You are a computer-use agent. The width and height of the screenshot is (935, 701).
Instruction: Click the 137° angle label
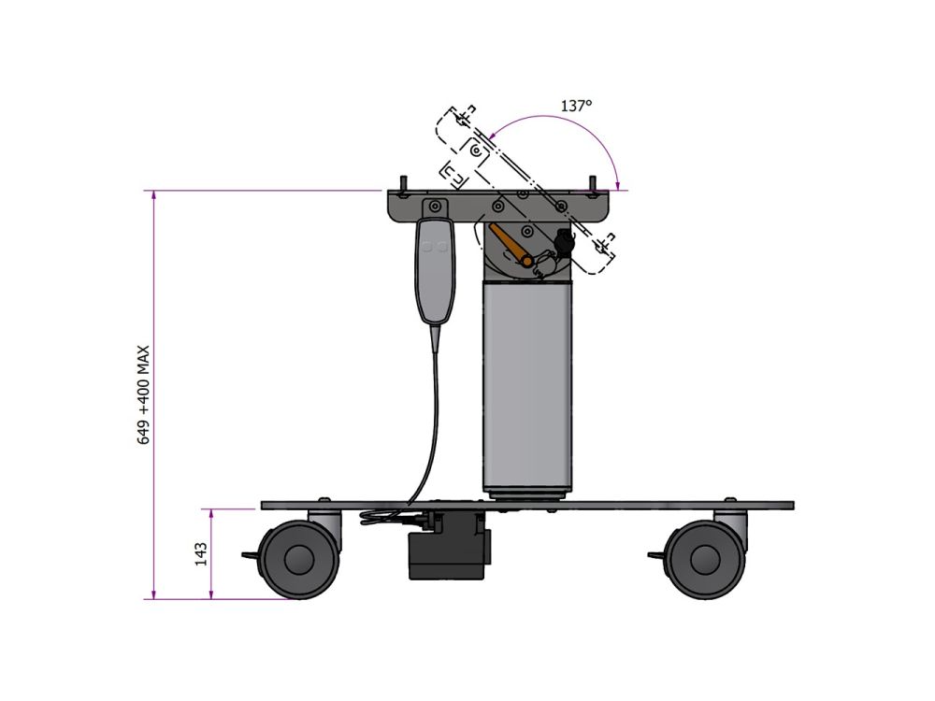point(576,107)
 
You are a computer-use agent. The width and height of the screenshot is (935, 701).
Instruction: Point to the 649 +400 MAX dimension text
point(144,394)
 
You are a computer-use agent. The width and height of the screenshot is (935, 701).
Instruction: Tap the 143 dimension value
point(201,553)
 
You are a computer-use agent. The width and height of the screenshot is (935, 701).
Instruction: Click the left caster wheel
point(299,560)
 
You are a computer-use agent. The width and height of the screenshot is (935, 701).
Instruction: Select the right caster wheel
point(704,560)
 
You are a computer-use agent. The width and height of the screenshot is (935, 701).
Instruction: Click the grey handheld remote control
point(436,271)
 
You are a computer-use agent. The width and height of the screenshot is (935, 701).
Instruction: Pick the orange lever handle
point(511,245)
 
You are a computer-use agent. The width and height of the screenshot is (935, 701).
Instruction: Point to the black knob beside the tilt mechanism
point(564,243)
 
